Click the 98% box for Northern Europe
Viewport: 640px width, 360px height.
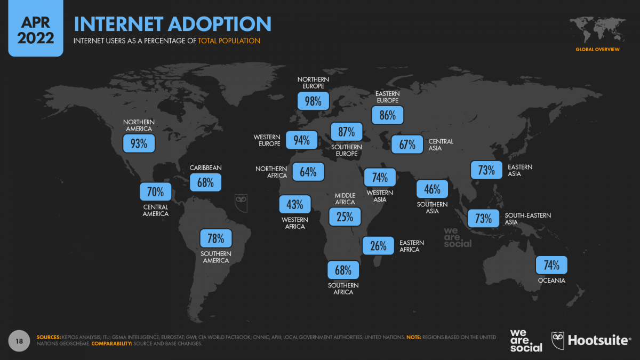[x=313, y=101]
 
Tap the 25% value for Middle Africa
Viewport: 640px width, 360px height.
[x=345, y=217]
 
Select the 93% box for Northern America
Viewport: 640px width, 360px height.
[x=139, y=143]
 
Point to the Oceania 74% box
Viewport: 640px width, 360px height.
[x=551, y=265]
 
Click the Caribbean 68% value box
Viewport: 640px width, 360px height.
[x=205, y=182]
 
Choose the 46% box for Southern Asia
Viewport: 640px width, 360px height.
[x=432, y=189]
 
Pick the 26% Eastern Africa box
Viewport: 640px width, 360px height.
[x=378, y=246]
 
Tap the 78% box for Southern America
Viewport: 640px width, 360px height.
[x=216, y=238]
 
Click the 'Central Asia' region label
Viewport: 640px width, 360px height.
[x=441, y=145]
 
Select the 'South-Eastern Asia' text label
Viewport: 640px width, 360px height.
[x=527, y=219]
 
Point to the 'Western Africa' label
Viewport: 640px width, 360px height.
[x=294, y=223]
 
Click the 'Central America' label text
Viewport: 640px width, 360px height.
[x=156, y=210]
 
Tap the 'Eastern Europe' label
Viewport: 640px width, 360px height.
[x=387, y=97]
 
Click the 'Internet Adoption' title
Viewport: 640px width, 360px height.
[x=172, y=24]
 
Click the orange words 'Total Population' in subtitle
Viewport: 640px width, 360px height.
[x=229, y=41]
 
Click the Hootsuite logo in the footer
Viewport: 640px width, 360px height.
[x=591, y=340]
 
